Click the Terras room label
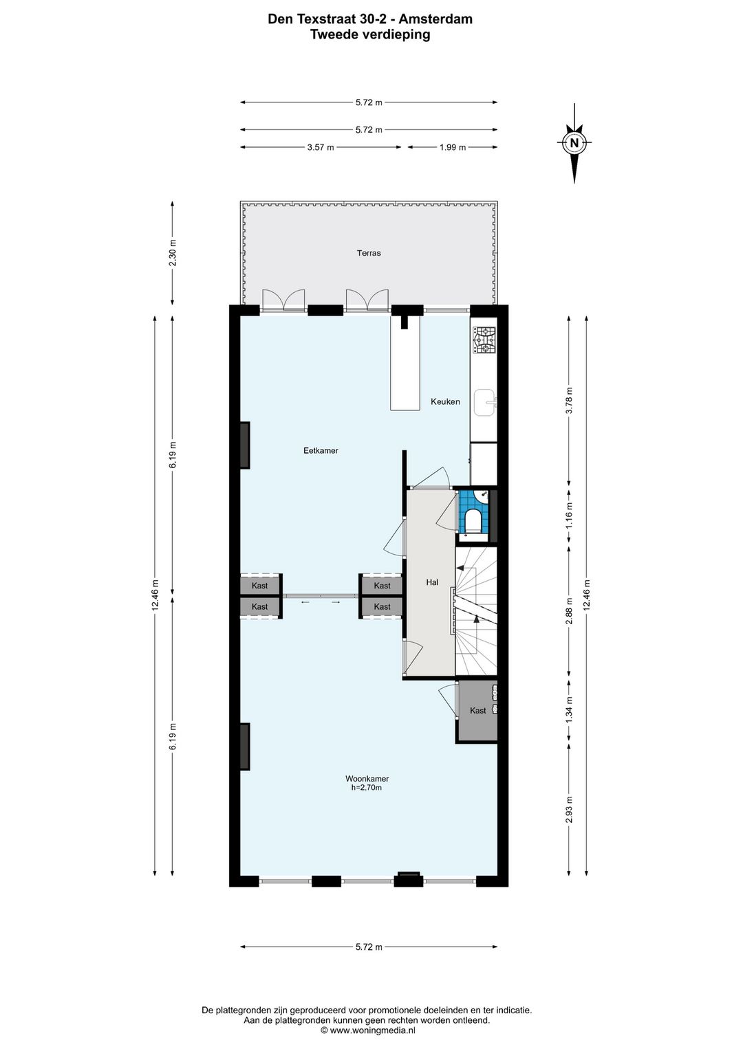tap(369, 253)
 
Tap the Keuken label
tap(445, 401)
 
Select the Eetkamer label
tap(321, 450)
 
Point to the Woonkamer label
tap(367, 779)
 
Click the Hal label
tap(432, 582)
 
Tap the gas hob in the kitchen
tap(484, 340)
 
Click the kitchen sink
tap(485, 402)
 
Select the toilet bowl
tap(473, 520)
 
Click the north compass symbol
tap(574, 142)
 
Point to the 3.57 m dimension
tap(321, 147)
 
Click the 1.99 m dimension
tap(453, 147)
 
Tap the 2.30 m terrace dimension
tap(173, 253)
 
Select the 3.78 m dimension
tap(569, 400)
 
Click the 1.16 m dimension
tap(569, 516)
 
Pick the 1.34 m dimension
tap(569, 710)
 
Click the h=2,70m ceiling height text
tap(367, 788)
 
